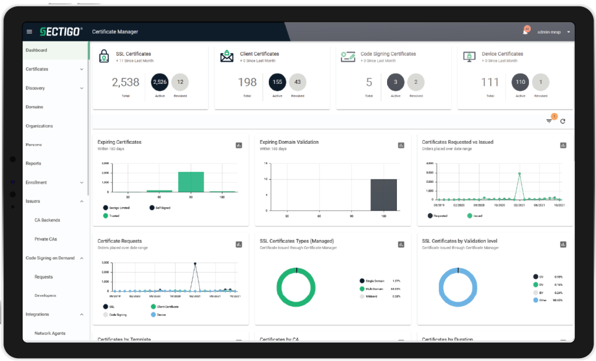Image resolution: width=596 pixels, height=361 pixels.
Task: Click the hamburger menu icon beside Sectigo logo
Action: click(x=30, y=31)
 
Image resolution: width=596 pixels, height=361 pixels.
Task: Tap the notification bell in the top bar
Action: click(x=525, y=32)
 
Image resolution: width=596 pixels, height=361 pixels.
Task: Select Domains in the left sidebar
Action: click(x=34, y=107)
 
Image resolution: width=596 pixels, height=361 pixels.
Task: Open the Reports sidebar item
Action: click(x=33, y=164)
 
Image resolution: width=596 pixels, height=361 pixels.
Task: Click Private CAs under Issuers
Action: click(x=46, y=239)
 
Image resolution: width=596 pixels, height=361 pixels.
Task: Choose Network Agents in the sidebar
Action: click(x=50, y=334)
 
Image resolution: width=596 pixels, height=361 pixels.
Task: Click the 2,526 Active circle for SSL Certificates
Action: click(x=159, y=82)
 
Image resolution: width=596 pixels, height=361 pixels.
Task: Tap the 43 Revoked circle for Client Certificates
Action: click(x=297, y=82)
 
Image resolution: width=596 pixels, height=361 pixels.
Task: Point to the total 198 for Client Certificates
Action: click(x=247, y=83)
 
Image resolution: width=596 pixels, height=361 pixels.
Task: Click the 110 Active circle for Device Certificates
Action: click(x=520, y=82)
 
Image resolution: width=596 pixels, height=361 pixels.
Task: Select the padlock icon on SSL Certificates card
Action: click(x=104, y=56)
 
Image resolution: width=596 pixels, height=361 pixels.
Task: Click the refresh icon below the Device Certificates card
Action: click(x=563, y=121)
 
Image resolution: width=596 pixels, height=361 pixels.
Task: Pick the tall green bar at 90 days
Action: click(x=191, y=182)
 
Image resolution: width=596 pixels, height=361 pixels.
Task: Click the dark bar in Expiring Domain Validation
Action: click(x=384, y=194)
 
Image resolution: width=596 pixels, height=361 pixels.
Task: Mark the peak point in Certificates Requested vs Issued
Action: click(x=519, y=174)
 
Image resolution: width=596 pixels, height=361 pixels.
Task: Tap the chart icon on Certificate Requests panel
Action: click(x=239, y=245)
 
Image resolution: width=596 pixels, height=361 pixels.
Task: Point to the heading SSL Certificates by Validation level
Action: click(x=459, y=241)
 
